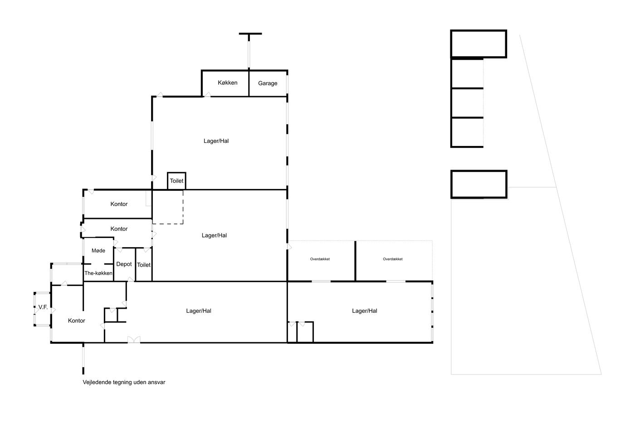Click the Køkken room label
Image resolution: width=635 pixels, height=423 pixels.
[227, 83]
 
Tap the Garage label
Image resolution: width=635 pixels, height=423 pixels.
[268, 83]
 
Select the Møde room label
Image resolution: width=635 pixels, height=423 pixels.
[98, 250]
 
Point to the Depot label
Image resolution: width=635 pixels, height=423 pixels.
[124, 264]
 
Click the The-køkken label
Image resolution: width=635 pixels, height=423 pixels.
[98, 273]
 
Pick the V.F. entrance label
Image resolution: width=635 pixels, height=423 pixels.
[43, 307]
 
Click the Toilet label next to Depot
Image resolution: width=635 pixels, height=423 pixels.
[144, 265]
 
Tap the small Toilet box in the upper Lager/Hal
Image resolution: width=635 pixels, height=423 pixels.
[176, 181]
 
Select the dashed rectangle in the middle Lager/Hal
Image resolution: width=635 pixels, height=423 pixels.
[183, 207]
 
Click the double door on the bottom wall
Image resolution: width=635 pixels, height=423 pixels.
[134, 340]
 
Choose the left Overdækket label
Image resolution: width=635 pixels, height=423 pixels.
[320, 259]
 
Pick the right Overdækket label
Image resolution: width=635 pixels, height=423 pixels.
[393, 259]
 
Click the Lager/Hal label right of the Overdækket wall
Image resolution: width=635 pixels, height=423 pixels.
[365, 311]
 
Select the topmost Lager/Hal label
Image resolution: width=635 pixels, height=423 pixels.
[216, 141]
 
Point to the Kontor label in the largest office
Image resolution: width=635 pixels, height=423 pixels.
[77, 321]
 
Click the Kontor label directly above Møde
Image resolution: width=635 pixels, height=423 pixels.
[119, 229]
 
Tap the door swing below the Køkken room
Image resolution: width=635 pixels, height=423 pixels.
[208, 94]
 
